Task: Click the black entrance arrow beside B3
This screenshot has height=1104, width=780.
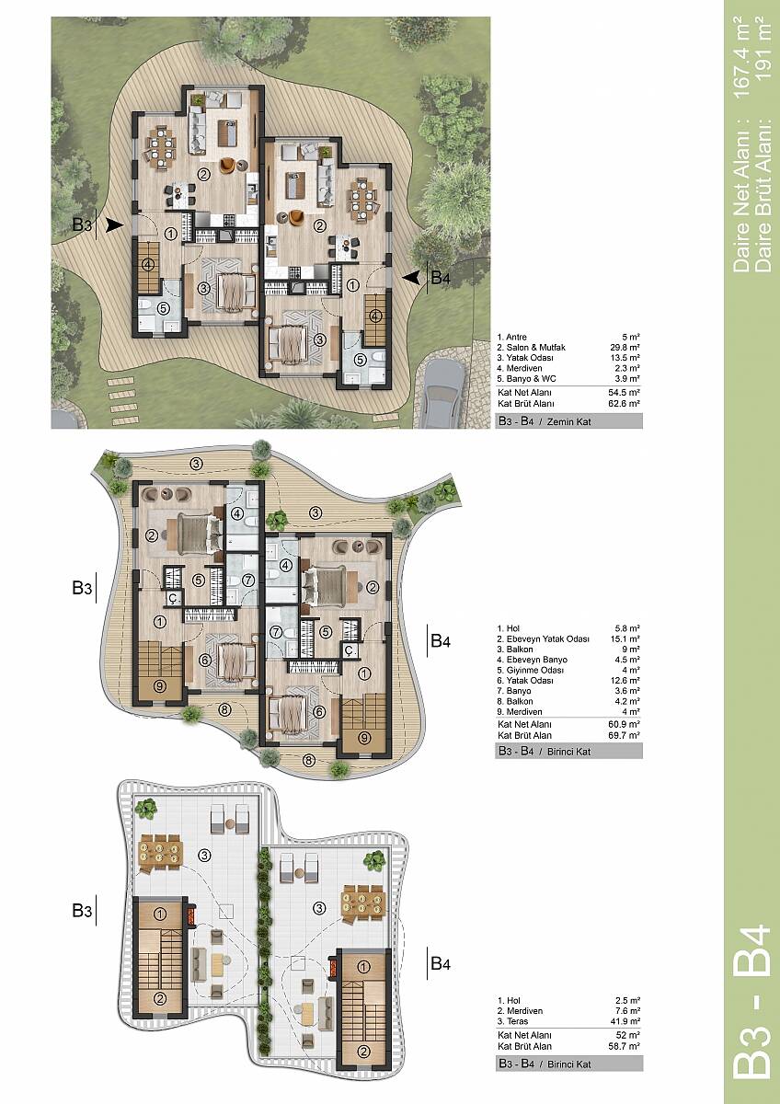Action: click(x=114, y=225)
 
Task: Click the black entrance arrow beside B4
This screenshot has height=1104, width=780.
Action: click(x=411, y=278)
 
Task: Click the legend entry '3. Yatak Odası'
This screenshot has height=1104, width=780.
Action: click(x=525, y=358)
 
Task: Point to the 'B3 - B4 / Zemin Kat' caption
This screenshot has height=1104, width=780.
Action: click(x=545, y=422)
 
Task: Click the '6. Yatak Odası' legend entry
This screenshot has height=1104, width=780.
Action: click(x=525, y=681)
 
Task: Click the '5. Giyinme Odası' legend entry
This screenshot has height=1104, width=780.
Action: click(x=530, y=671)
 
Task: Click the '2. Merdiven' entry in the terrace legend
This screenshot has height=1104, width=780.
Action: click(x=520, y=1011)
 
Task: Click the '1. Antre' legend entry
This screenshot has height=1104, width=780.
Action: click(x=512, y=337)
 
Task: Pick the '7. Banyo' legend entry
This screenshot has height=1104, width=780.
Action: click(x=514, y=691)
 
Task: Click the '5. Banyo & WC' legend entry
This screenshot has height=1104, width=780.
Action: click(x=526, y=379)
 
